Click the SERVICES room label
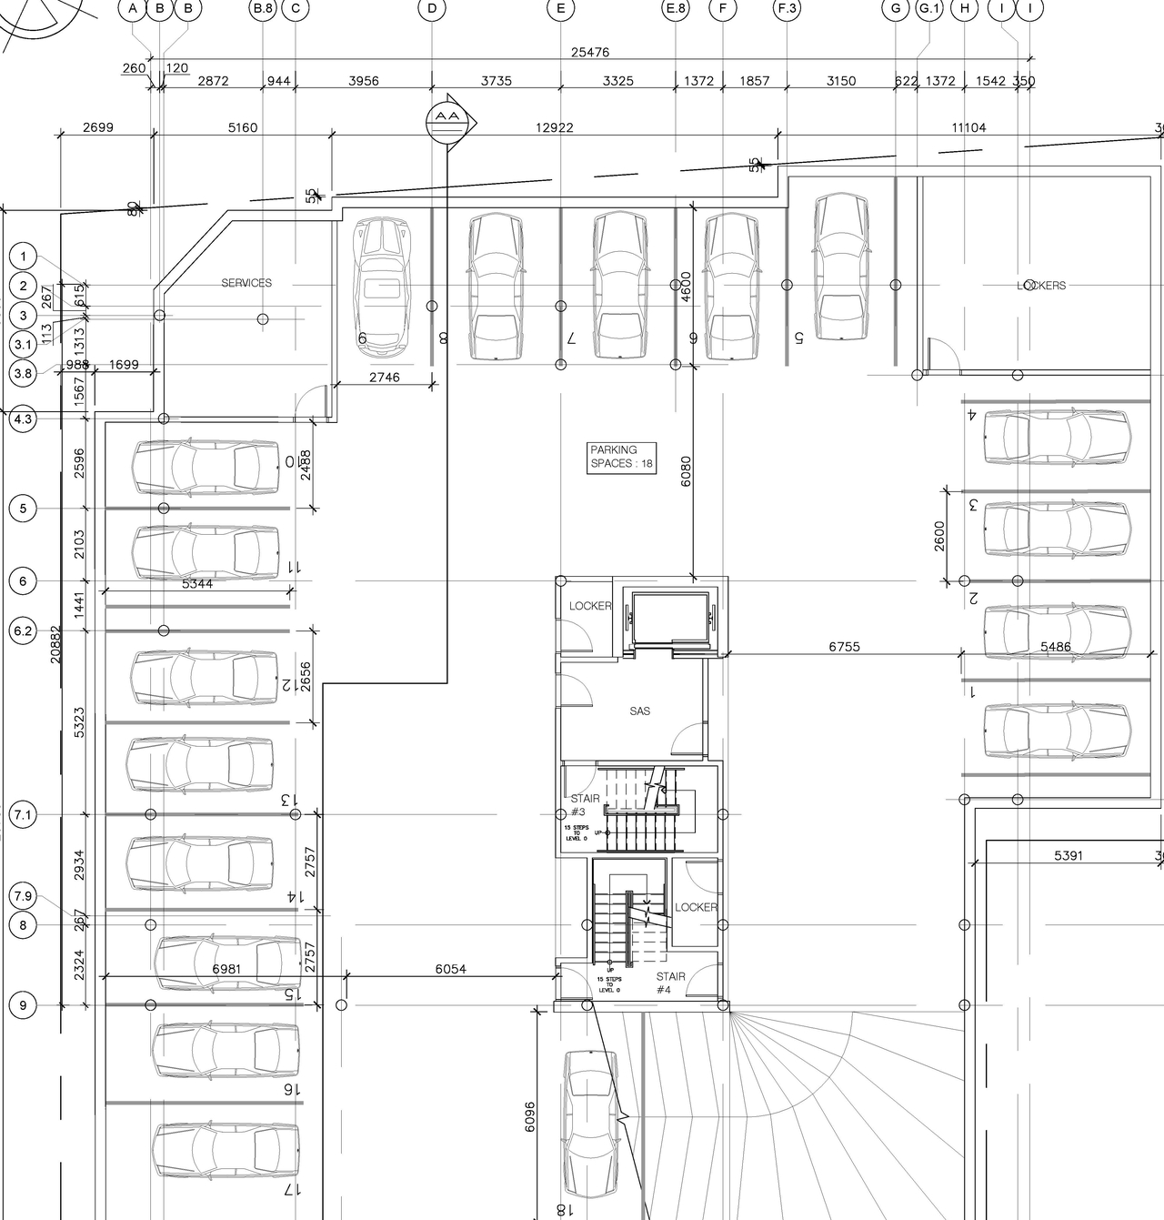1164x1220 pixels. point(246,283)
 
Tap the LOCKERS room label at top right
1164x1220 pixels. point(1041,286)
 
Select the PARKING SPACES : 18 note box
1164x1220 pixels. point(622,457)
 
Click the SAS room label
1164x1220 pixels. point(639,711)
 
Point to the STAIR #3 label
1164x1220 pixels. point(584,805)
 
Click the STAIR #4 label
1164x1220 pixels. point(670,983)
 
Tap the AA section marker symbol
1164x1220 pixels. point(447,122)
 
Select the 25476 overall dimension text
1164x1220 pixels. point(589,53)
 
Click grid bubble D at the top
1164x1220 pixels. point(432,9)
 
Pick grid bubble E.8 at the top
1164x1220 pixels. point(675,9)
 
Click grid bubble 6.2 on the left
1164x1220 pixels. point(23,630)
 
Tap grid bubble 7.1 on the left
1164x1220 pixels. point(23,815)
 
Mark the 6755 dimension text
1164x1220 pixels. point(844,647)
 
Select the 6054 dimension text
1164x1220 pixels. point(450,969)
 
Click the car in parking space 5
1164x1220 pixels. point(841,267)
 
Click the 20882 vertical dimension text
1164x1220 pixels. point(56,643)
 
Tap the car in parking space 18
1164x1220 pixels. point(591,1124)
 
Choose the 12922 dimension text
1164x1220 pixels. point(555,128)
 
